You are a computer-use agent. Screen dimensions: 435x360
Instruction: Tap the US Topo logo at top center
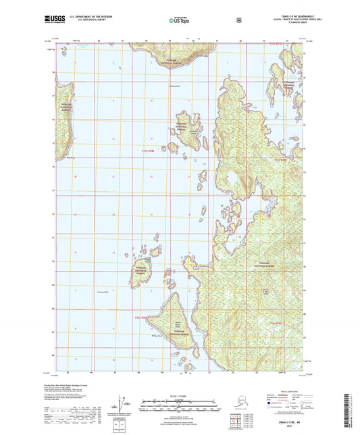[x=180, y=21]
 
